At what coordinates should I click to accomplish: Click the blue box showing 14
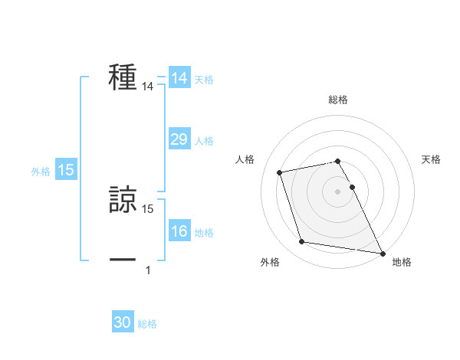(x=179, y=78)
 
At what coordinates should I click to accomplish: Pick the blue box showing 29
(x=179, y=139)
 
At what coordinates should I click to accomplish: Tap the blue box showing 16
(x=179, y=231)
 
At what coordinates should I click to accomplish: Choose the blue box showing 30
(x=123, y=323)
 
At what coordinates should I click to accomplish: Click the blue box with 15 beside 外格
(x=66, y=170)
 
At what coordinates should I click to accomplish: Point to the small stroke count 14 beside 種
(x=147, y=88)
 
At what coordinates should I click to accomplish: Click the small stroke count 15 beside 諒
(x=147, y=208)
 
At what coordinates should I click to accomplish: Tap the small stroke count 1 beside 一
(x=148, y=270)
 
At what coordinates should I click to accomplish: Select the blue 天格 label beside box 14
(x=204, y=80)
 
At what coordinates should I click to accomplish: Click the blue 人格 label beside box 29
(x=204, y=141)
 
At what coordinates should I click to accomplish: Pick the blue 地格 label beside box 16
(x=204, y=233)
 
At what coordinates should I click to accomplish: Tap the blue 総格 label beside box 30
(x=147, y=325)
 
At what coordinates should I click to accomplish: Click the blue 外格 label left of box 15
(x=41, y=172)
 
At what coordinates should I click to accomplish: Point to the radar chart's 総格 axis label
(x=338, y=100)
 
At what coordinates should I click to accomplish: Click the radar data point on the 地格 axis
(x=382, y=252)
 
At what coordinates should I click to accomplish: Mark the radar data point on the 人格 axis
(x=280, y=172)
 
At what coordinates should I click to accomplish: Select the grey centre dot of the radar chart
(x=338, y=191)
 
